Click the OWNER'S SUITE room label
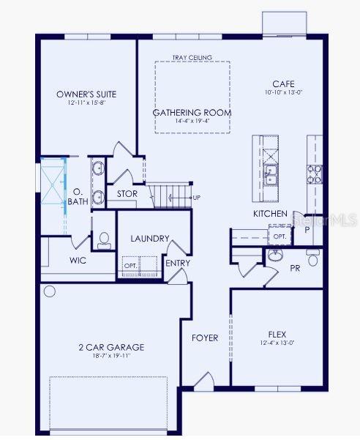point(86,94)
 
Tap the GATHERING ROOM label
point(192,113)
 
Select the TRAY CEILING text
point(192,57)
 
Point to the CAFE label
point(283,84)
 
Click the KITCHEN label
point(270,213)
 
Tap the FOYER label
point(205,338)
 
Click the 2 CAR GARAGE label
point(111,347)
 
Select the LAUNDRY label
point(150,239)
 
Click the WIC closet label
point(79,260)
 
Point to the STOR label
point(127,194)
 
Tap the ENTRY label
point(177,263)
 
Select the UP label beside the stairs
point(196,198)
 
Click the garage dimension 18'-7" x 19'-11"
point(111,357)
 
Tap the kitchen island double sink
point(271,175)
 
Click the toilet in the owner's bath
point(104,239)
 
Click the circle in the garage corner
point(50,291)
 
